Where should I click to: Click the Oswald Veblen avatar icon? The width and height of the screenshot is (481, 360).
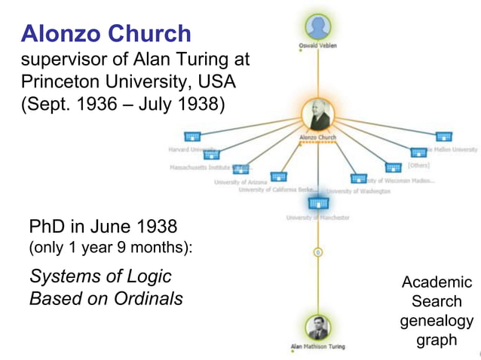tap(317, 26)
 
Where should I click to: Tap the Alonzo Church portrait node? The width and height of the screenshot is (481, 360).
tap(318, 115)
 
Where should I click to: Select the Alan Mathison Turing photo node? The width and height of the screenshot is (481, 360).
tap(317, 328)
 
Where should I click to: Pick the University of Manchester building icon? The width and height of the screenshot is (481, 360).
tap(318, 202)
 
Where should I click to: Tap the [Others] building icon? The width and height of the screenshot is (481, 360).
tap(394, 167)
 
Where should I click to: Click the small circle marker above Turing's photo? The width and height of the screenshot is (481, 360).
tap(318, 252)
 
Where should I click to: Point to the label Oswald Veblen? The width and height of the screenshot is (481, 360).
tap(317, 46)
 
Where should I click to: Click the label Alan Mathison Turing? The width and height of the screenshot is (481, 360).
tap(317, 346)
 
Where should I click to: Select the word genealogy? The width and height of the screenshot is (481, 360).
tap(437, 321)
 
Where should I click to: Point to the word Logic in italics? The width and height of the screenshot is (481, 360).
tap(148, 276)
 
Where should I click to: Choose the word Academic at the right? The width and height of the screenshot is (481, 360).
tap(437, 282)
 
